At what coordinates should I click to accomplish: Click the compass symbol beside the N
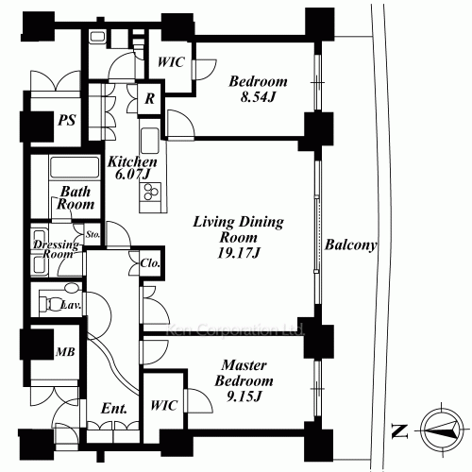(442, 430)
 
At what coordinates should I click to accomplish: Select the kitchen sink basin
(150, 141)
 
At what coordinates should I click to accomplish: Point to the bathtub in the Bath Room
(75, 168)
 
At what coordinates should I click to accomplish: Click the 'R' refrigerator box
(150, 99)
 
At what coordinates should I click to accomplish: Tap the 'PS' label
(67, 120)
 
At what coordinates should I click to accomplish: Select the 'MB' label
(65, 351)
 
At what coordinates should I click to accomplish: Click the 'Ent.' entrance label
(114, 409)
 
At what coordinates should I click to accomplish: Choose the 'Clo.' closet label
(150, 263)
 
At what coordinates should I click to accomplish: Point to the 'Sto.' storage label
(93, 234)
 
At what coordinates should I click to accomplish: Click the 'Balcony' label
(350, 244)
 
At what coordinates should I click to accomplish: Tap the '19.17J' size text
(238, 253)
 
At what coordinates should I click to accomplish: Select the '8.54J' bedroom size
(258, 97)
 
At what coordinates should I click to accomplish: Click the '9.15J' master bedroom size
(244, 396)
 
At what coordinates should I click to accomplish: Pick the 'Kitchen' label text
(132, 161)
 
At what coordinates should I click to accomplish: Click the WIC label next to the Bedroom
(171, 62)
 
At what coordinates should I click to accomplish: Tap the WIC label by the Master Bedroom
(164, 405)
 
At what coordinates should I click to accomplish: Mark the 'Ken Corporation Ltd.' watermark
(234, 329)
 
